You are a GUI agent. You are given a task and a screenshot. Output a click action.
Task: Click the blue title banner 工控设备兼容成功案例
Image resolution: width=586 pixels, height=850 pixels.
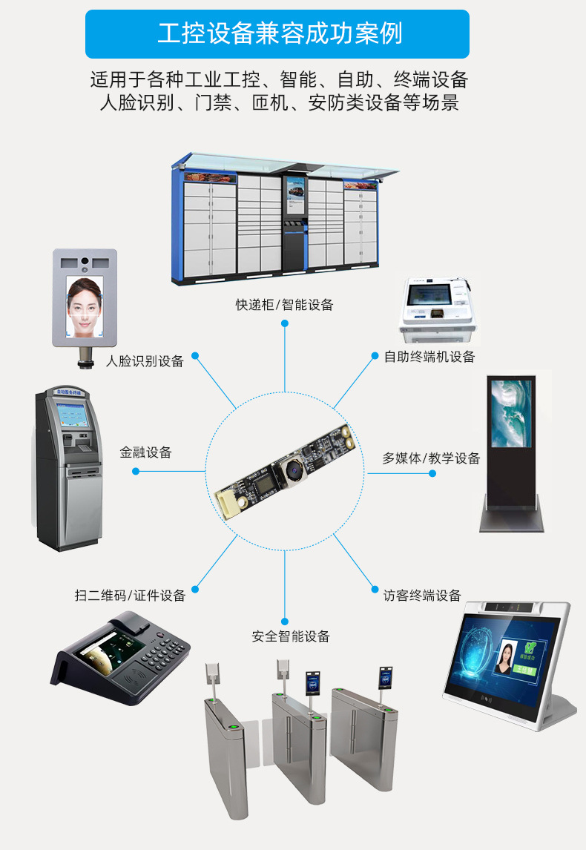coord(277,34)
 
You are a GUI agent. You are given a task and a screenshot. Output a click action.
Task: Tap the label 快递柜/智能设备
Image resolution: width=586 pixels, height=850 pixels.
coord(285,304)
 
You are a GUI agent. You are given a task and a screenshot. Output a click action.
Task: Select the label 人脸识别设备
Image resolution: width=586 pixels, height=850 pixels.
coord(145,361)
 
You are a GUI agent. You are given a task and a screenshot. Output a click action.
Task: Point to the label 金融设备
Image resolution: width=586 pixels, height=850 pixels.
coord(146,452)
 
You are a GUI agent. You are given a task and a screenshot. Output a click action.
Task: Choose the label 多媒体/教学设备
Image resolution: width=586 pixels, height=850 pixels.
coord(431,458)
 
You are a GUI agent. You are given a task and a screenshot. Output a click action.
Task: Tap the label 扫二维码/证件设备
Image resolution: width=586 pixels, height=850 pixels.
coord(130,595)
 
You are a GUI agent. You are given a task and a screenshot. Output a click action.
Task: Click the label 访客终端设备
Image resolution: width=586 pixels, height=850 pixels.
coord(422,595)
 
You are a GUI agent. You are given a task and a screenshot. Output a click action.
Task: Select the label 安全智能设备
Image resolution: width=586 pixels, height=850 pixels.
coord(290,636)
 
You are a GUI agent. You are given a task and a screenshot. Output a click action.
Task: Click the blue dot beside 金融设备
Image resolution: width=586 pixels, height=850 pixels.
coord(136,471)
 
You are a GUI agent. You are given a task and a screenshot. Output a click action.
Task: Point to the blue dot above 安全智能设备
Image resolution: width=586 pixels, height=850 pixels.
coord(285,619)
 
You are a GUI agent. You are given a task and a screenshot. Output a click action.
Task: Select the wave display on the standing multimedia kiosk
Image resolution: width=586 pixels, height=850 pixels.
coord(512,413)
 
